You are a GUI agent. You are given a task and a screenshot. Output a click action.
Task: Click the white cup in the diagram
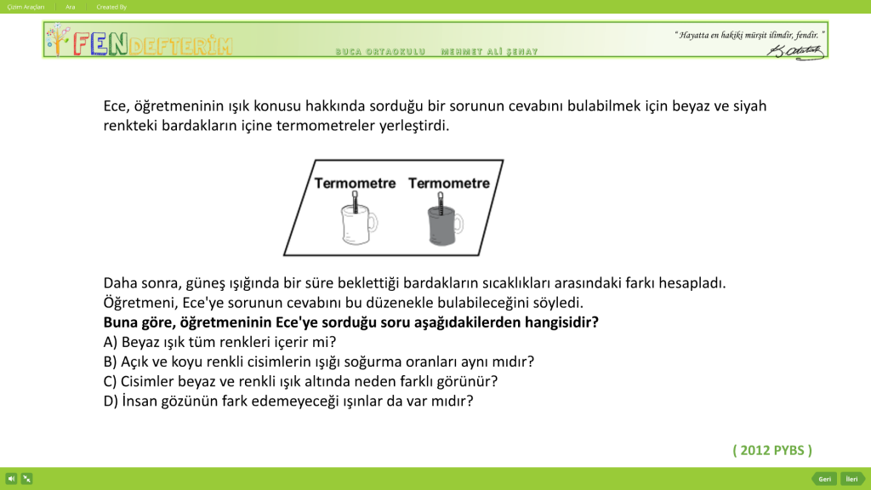pyautogui.click(x=356, y=225)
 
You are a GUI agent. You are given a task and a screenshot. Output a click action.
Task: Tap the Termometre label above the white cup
pyautogui.click(x=356, y=183)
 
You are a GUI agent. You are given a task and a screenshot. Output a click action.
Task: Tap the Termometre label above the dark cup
pyautogui.click(x=449, y=183)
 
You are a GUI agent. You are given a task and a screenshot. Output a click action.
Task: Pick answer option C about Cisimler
pyautogui.click(x=300, y=380)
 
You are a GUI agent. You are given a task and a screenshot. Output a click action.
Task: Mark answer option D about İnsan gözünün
pyautogui.click(x=287, y=400)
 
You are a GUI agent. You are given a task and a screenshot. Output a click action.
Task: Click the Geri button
pyautogui.click(x=823, y=479)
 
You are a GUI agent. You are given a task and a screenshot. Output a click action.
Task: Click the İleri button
pyautogui.click(x=851, y=479)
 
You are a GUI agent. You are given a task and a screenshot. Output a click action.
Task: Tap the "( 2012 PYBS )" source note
pyautogui.click(x=771, y=450)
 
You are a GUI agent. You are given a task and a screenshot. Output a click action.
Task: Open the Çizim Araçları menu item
pyautogui.click(x=26, y=6)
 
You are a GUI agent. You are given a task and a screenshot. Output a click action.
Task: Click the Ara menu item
pyautogui.click(x=71, y=6)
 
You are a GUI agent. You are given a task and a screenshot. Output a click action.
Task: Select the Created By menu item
pyautogui.click(x=111, y=6)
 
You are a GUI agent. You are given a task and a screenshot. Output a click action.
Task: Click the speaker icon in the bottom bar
pyautogui.click(x=12, y=479)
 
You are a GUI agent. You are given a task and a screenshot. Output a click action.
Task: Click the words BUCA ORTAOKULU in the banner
pyautogui.click(x=380, y=53)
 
